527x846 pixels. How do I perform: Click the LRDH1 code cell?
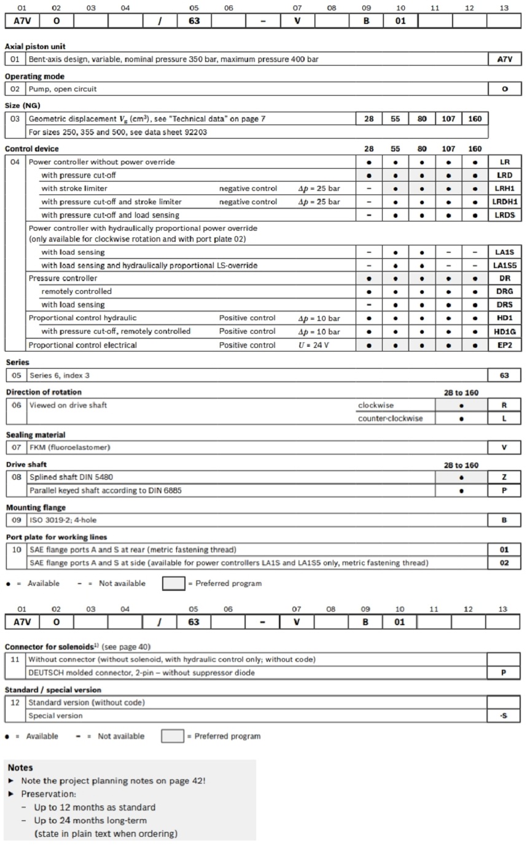pyautogui.click(x=504, y=201)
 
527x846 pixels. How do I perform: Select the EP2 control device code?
pyautogui.click(x=504, y=345)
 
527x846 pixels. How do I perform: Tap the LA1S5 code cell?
pyautogui.click(x=504, y=265)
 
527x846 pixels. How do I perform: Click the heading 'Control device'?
pyautogui.click(x=31, y=148)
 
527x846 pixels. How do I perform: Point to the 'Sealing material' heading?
pyautogui.click(x=36, y=435)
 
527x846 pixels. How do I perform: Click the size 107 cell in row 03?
pyautogui.click(x=448, y=118)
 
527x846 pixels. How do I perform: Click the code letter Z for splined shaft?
pyautogui.click(x=504, y=477)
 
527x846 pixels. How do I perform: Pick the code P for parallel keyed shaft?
pyautogui.click(x=504, y=491)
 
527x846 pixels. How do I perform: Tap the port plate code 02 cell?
pyautogui.click(x=504, y=563)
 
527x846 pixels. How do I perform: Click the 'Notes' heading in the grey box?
pyautogui.click(x=20, y=767)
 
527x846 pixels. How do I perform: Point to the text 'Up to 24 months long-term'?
pyautogui.click(x=90, y=820)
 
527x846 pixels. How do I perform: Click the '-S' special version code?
pyautogui.click(x=504, y=715)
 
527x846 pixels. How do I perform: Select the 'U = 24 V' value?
pyautogui.click(x=314, y=345)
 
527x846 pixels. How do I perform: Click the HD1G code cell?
pyautogui.click(x=504, y=331)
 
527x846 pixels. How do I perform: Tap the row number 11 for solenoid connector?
pyautogui.click(x=15, y=659)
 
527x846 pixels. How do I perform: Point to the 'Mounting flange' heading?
pyautogui.click(x=36, y=507)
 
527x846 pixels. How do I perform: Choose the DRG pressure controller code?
pyautogui.click(x=504, y=291)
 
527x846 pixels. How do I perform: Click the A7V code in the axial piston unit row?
pyautogui.click(x=504, y=60)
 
